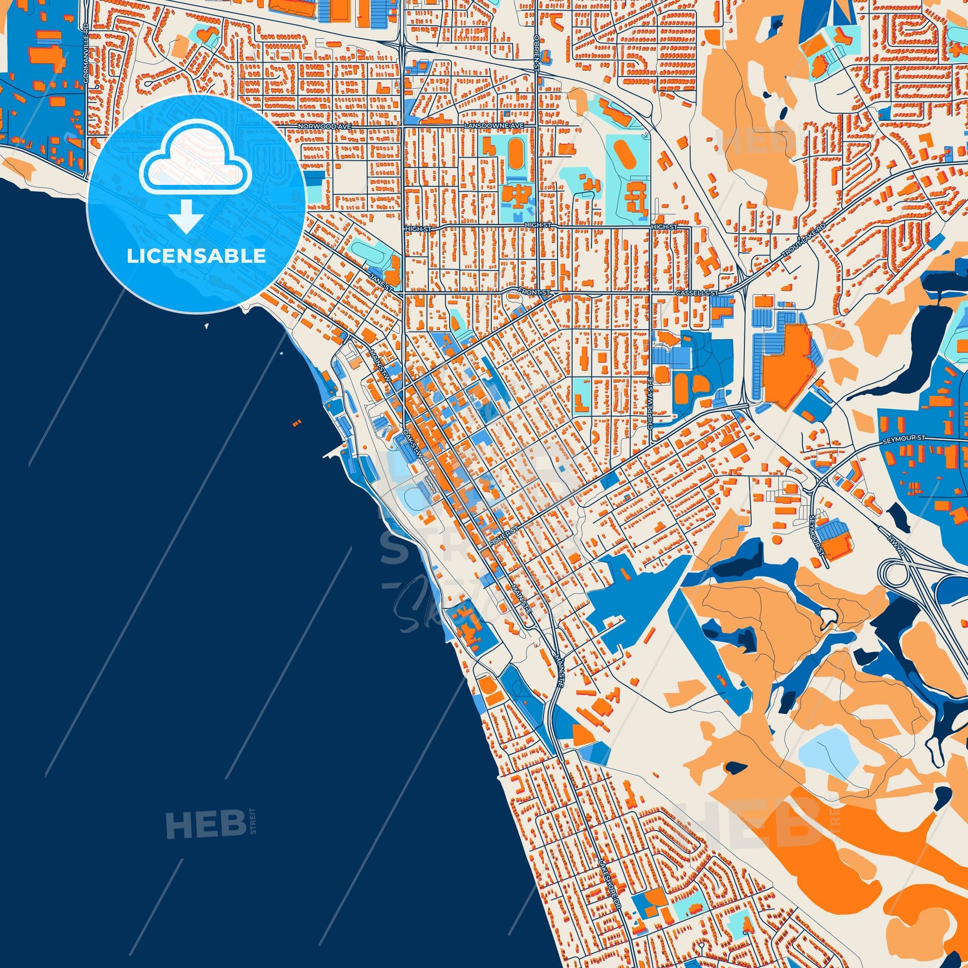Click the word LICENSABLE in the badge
point(196,256)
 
